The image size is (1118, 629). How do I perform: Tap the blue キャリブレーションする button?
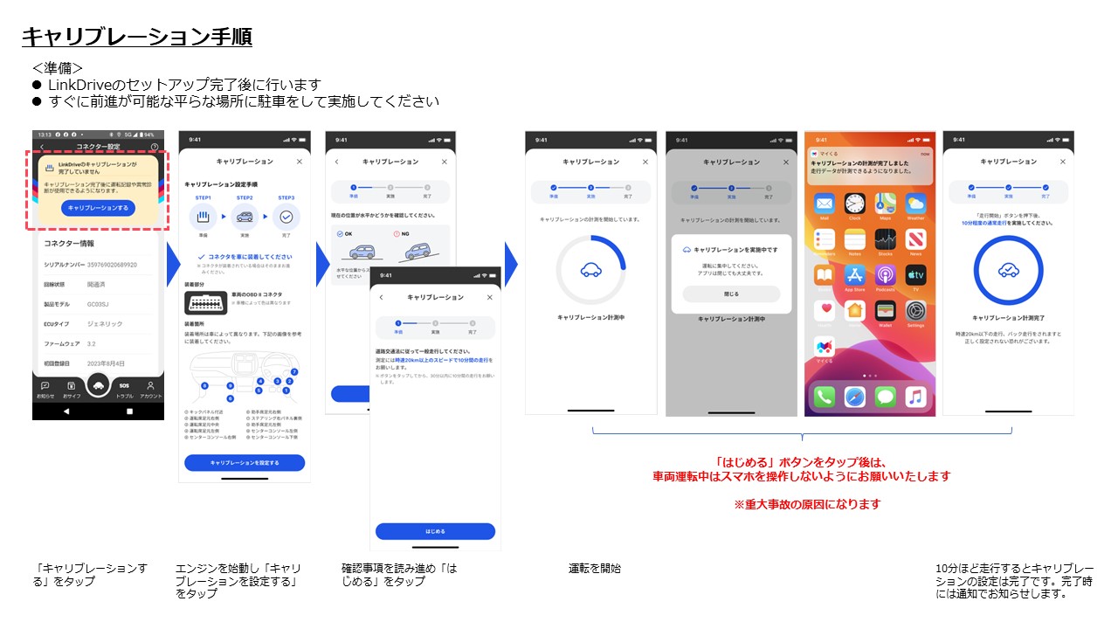click(x=98, y=208)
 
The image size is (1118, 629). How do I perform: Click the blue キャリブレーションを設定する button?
click(x=245, y=462)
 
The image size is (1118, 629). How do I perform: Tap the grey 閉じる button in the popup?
click(x=731, y=294)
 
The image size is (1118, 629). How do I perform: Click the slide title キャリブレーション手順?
click(x=137, y=37)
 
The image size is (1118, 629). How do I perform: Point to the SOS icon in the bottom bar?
click(x=124, y=385)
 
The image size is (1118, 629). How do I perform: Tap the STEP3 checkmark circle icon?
click(x=286, y=217)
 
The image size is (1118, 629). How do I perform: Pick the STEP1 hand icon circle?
click(x=202, y=217)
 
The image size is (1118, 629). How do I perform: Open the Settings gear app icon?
click(x=915, y=311)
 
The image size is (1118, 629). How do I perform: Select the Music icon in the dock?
click(x=915, y=397)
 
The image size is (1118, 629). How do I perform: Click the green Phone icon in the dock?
click(x=825, y=397)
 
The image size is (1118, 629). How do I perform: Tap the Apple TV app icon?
click(x=915, y=276)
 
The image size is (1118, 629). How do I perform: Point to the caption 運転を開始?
click(x=595, y=569)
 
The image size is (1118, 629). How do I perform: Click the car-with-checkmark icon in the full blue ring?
click(x=1008, y=270)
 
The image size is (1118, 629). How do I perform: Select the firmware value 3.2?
click(x=91, y=343)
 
